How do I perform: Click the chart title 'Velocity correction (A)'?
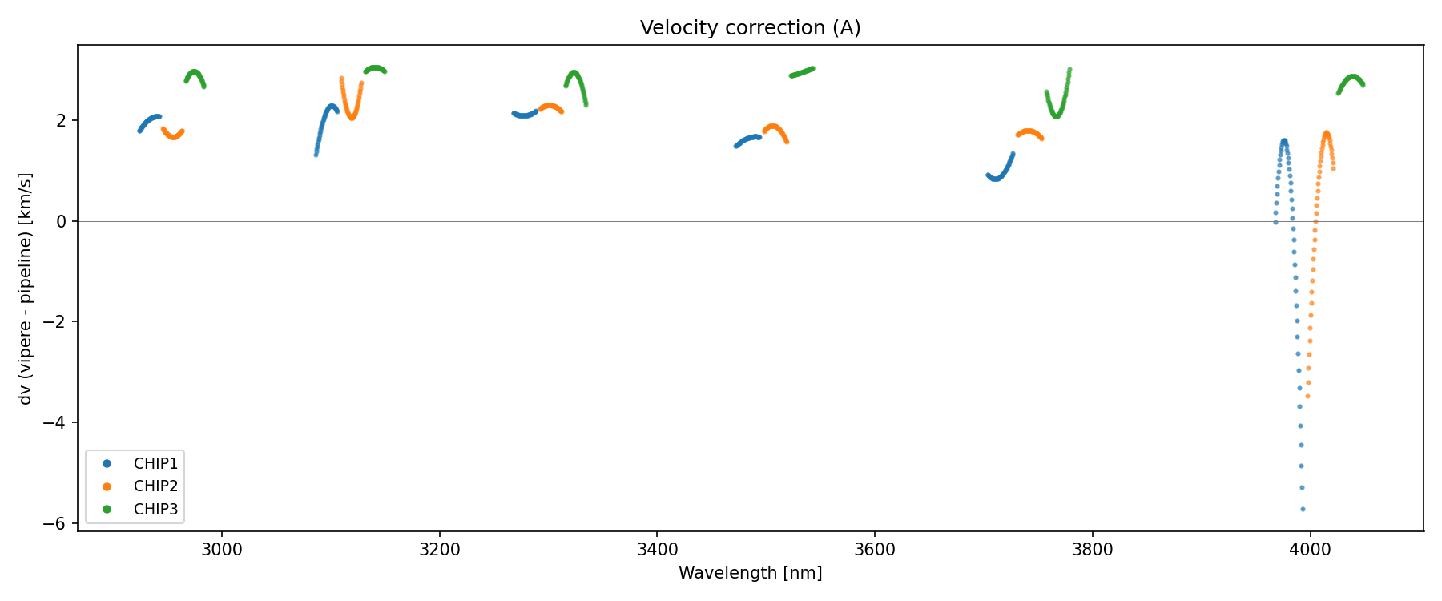pyautogui.click(x=750, y=28)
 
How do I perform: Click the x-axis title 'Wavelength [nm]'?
pyautogui.click(x=750, y=573)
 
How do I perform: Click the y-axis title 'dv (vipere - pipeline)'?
pyautogui.click(x=26, y=288)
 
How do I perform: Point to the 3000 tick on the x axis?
pyautogui.click(x=222, y=550)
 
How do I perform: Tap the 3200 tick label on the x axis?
pyautogui.click(x=440, y=550)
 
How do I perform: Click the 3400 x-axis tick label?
pyautogui.click(x=657, y=550)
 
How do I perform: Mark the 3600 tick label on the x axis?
pyautogui.click(x=875, y=550)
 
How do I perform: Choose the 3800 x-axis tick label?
pyautogui.click(x=1093, y=550)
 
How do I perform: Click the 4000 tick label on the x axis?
pyautogui.click(x=1310, y=550)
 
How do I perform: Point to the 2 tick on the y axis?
pyautogui.click(x=62, y=121)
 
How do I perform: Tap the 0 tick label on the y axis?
pyautogui.click(x=62, y=222)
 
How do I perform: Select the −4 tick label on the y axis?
pyautogui.click(x=58, y=423)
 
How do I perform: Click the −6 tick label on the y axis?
pyautogui.click(x=58, y=524)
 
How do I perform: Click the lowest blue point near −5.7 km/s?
pyautogui.click(x=1303, y=509)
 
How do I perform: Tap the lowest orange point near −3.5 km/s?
pyautogui.click(x=1307, y=396)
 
